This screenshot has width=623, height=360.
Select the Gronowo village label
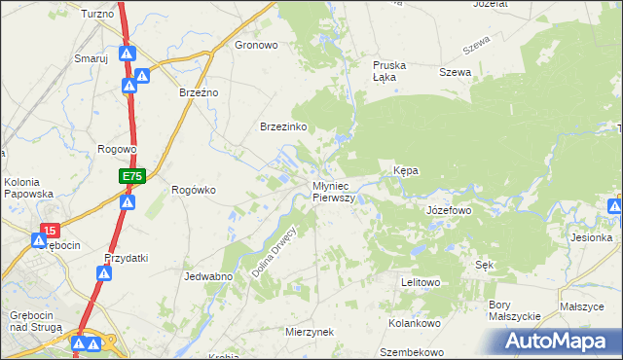257,45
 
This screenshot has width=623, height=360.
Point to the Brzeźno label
200,92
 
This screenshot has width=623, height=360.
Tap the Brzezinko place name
283,127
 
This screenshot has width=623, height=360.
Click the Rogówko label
193,191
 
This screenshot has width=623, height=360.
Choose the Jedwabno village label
207,276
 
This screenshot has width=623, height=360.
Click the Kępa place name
405,170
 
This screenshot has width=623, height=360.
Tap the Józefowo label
449,210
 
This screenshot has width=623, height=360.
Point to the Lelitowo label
421,282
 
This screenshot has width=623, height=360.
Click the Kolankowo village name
416,323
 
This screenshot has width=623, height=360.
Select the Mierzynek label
310,332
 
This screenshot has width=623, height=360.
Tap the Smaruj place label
91,58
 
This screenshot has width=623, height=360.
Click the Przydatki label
126,258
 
